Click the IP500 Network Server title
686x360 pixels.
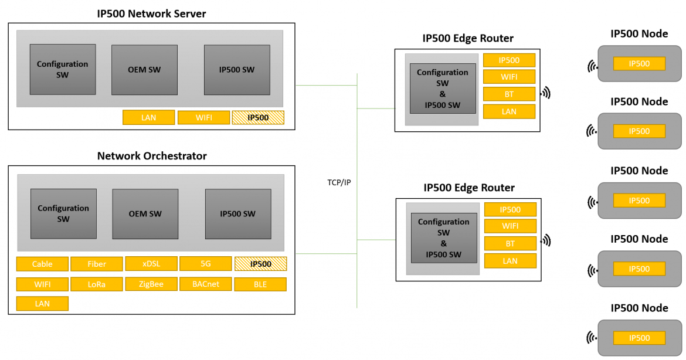pyautogui.click(x=151, y=13)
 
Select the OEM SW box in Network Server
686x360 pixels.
pyautogui.click(x=144, y=70)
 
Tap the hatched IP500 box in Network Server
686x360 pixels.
pyautogui.click(x=258, y=117)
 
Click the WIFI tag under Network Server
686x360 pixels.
pyautogui.click(x=203, y=117)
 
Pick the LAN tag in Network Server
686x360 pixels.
pyautogui.click(x=148, y=117)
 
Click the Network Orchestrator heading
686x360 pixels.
pyautogui.click(x=151, y=156)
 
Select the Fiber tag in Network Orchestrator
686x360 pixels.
pyautogui.click(x=97, y=264)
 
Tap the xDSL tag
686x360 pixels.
pyautogui.click(x=151, y=264)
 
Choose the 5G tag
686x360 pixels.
pyautogui.click(x=205, y=264)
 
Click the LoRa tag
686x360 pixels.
pyautogui.click(x=97, y=284)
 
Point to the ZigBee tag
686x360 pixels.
pyautogui.click(x=151, y=284)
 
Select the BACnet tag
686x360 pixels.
pyautogui.click(x=205, y=284)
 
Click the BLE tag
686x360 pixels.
pyautogui.click(x=260, y=285)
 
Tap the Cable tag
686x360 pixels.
pyautogui.click(x=42, y=264)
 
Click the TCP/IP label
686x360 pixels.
pyautogui.click(x=339, y=182)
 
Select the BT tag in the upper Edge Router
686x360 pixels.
pyautogui.click(x=509, y=94)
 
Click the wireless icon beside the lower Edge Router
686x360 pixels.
pyautogui.click(x=546, y=240)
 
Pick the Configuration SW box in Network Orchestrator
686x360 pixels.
pyautogui.click(x=63, y=213)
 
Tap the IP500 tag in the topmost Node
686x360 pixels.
pyautogui.click(x=639, y=63)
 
